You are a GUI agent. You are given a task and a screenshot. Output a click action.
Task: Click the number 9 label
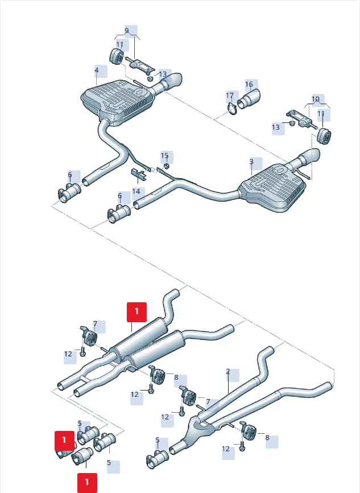[x=127, y=31]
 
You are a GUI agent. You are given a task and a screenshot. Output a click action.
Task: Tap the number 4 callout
[x=97, y=70]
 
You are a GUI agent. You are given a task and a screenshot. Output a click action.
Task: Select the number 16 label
[x=249, y=84]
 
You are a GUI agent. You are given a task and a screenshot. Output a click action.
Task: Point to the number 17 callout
[x=230, y=95]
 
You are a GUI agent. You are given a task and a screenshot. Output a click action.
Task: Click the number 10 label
[x=316, y=99]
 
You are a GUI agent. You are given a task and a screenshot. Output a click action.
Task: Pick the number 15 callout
[x=164, y=155]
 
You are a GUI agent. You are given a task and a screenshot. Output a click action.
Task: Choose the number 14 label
[x=136, y=191]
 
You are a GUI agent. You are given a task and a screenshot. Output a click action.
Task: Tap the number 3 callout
[x=251, y=162]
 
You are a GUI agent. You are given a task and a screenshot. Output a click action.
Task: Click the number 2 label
[x=228, y=371]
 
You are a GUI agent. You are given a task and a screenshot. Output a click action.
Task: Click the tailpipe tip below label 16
[x=249, y=99]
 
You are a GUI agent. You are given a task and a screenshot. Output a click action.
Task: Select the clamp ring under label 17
[x=232, y=109]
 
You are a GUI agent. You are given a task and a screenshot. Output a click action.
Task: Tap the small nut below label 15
[x=167, y=166]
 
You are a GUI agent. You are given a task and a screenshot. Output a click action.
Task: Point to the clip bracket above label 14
[x=138, y=174]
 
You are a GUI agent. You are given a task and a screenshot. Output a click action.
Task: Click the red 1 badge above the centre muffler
[x=136, y=312]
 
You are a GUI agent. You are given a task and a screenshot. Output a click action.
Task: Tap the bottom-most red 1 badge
[x=87, y=483]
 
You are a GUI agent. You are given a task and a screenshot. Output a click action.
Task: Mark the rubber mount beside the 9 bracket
[x=116, y=56]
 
